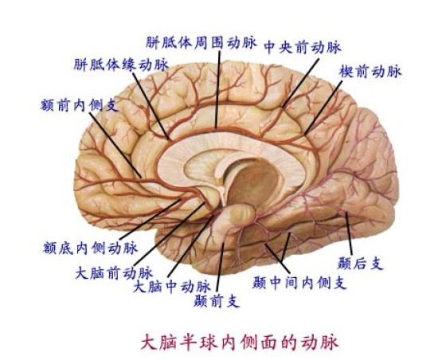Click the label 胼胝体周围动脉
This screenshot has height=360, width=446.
click(201, 43)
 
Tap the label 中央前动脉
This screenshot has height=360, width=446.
click(303, 47)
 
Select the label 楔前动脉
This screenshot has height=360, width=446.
click(370, 71)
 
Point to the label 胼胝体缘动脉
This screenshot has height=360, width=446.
click(121, 65)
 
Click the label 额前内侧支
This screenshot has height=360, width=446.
click(80, 105)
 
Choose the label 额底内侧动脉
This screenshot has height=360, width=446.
click(91, 248)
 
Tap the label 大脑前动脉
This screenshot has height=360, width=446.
click(114, 273)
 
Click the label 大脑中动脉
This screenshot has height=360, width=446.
click(172, 287)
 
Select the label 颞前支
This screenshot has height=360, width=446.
click(217, 301)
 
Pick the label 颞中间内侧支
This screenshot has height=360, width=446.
click(299, 282)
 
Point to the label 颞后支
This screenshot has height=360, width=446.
click(360, 263)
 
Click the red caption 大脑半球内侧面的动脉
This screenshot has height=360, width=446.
click(240, 342)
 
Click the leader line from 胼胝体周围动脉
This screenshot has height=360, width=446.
click(218, 89)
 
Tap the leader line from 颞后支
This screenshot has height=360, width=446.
click(349, 233)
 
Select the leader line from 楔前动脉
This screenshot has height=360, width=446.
click(323, 108)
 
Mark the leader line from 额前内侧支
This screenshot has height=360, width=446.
click(115, 145)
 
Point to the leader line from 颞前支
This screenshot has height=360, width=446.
click(221, 268)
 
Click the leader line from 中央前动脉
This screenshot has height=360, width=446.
click(300, 83)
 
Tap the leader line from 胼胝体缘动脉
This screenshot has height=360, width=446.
click(151, 105)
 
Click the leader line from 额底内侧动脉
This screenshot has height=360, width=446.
click(151, 219)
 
